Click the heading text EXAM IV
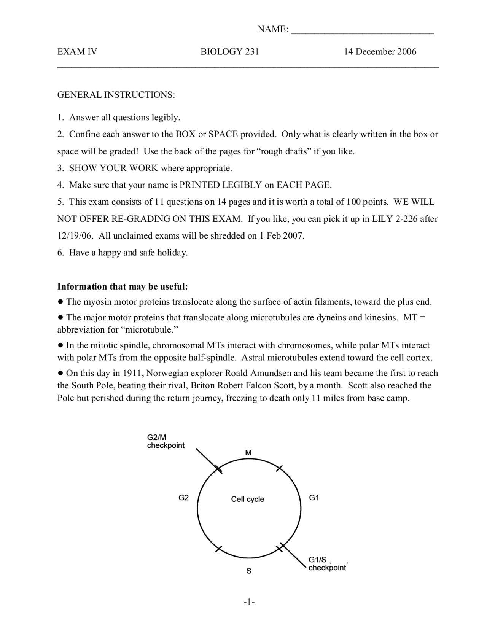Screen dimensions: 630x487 click(x=77, y=52)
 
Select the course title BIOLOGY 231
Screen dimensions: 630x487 click(x=229, y=52)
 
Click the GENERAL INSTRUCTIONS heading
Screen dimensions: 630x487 click(x=116, y=95)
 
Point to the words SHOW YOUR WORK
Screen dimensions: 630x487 click(x=113, y=168)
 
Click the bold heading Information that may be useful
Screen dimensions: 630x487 click(x=123, y=286)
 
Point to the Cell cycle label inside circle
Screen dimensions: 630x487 click(x=247, y=499)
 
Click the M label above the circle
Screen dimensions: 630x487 click(x=248, y=453)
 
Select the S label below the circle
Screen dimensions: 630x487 click(x=249, y=571)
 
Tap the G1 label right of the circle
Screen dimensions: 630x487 click(x=314, y=498)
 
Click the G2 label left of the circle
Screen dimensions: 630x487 click(x=183, y=498)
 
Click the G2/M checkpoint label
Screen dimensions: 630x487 click(x=166, y=442)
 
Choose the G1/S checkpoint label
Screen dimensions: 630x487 click(x=327, y=564)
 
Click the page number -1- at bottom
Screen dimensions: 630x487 click(x=249, y=602)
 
